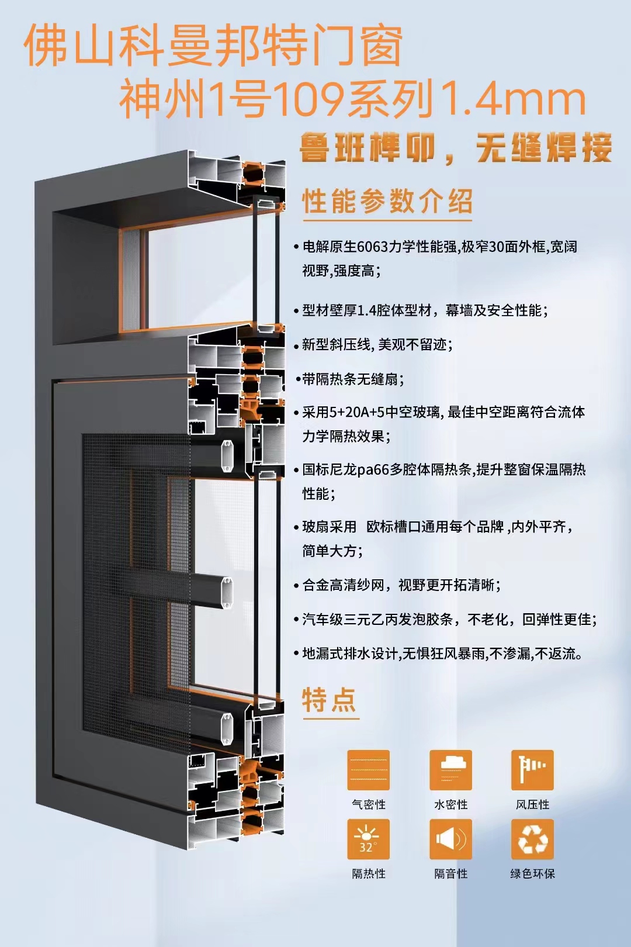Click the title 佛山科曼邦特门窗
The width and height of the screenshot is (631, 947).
coord(213,46)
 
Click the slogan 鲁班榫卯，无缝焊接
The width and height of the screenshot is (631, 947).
coord(455,147)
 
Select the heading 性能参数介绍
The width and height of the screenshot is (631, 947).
coord(387,201)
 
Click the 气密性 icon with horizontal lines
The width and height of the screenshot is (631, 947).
coord(368,770)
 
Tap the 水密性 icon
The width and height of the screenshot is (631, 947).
coord(450,770)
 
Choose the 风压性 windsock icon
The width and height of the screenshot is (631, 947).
coord(532,770)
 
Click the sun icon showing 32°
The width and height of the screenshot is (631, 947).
coord(368,839)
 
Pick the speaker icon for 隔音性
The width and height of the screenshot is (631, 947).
coord(450,839)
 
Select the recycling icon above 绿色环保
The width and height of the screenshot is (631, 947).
coord(532,839)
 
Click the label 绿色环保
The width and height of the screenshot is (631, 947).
coord(532,874)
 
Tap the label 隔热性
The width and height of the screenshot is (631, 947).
coord(369,874)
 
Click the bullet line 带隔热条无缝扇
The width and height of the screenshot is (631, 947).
coord(350,379)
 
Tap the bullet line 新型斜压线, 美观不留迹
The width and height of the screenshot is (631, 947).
coord(373,345)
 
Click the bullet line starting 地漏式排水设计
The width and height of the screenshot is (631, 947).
coord(438,654)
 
